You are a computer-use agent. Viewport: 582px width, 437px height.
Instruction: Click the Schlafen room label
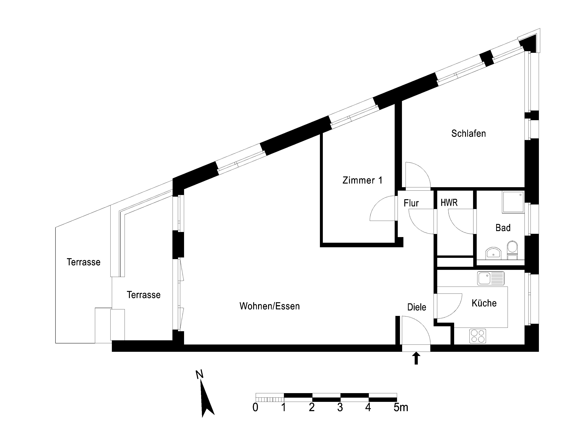pos(469,133)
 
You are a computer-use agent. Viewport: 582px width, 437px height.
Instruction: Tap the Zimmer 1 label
pos(362,180)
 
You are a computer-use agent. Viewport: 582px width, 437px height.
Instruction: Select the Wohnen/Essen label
pos(270,306)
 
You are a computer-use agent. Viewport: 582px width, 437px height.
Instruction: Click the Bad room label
pos(503,228)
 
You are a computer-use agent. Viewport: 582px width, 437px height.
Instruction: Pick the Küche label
pos(484,303)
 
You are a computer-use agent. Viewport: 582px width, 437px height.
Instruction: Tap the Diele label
pos(417,307)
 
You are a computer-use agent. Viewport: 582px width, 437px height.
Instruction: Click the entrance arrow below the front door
pos(416,359)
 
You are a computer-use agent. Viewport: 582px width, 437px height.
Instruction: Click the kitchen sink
pos(491,278)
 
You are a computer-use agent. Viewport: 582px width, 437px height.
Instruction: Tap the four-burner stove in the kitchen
pos(478,336)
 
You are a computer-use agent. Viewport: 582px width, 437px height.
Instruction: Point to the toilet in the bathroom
pos(512,250)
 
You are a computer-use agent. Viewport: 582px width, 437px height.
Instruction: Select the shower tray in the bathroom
pos(513,202)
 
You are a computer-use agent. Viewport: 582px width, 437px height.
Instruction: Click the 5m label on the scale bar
pos(401,408)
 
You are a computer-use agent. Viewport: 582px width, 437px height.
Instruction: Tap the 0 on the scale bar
pos(255,408)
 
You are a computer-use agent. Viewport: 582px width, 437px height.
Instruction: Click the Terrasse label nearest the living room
pos(144,295)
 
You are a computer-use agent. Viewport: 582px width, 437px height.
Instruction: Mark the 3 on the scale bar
pos(340,408)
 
